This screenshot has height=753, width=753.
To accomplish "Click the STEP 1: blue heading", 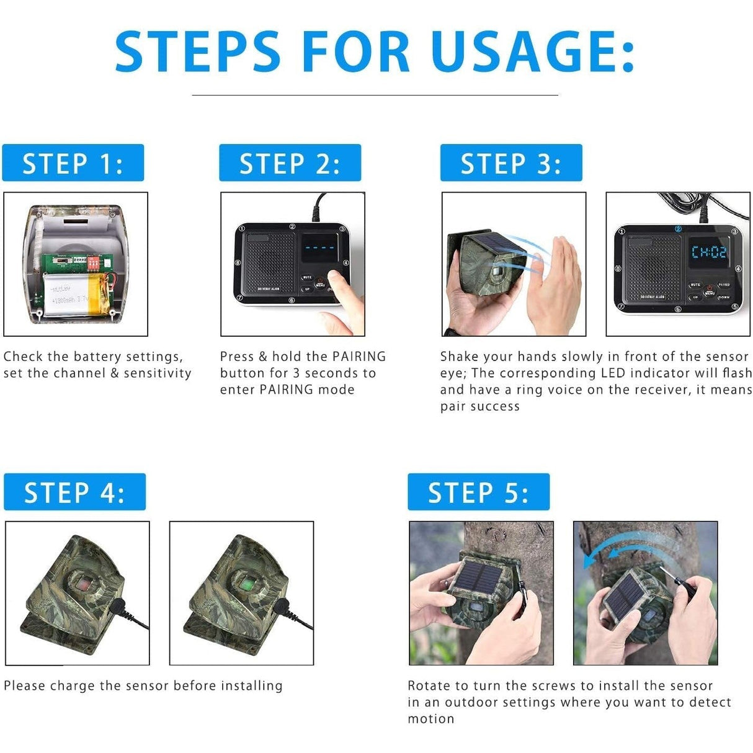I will (73, 163).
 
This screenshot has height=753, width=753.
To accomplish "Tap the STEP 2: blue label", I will (290, 163).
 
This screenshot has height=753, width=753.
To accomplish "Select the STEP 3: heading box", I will (511, 163).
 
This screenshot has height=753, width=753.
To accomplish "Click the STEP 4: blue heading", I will (74, 492).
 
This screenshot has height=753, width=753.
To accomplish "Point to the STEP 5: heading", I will (478, 492).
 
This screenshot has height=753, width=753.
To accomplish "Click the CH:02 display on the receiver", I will (708, 252).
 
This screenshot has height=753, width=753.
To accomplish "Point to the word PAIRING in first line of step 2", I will (359, 357).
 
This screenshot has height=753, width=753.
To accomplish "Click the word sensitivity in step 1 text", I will (158, 373).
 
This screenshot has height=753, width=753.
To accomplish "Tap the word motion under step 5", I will (431, 719).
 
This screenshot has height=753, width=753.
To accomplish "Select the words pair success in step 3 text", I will (479, 407).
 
